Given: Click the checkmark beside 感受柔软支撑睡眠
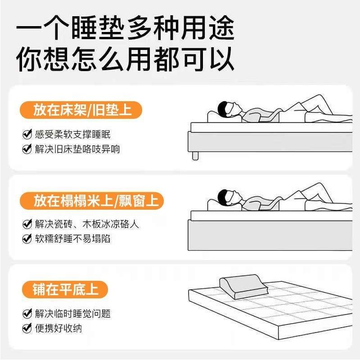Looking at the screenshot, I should coord(27,135).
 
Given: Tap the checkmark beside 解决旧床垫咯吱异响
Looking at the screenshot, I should coord(27,149).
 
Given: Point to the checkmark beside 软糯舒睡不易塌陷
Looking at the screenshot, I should coord(27,238).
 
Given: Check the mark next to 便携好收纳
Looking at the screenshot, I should coord(27,328).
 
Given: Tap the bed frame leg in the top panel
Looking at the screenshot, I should coord(195,155).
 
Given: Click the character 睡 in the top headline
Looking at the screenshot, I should coord(92,30).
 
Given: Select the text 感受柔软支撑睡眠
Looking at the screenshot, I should coord(72,135).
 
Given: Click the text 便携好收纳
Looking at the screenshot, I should coord(58,328).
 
